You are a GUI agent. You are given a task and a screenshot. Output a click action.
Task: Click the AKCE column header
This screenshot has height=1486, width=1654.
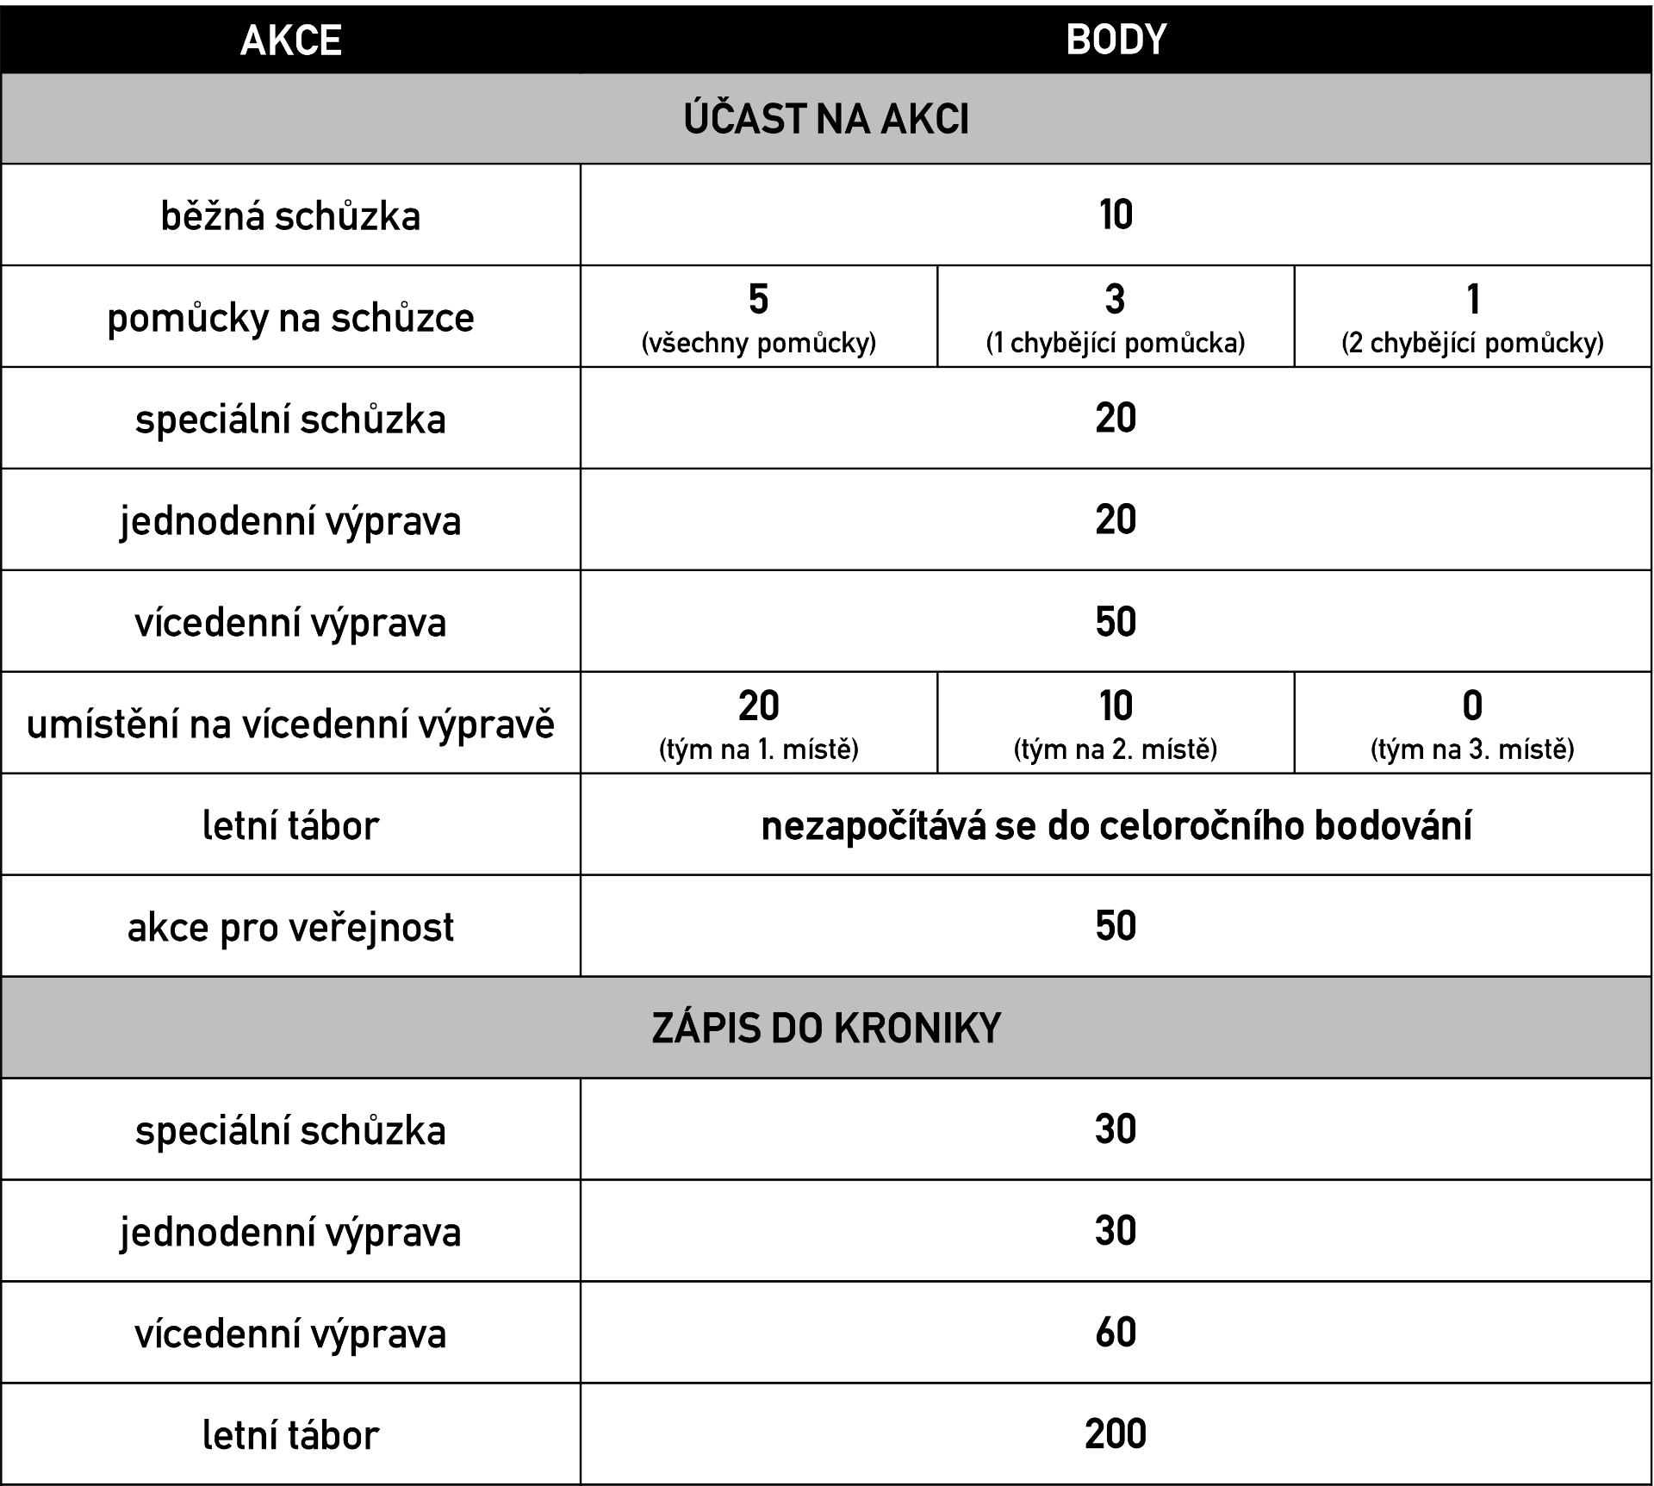coord(290,40)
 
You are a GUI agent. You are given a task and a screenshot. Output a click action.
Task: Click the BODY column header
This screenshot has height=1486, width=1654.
coord(1116,40)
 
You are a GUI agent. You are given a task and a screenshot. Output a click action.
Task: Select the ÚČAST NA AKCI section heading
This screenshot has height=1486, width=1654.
coord(826,120)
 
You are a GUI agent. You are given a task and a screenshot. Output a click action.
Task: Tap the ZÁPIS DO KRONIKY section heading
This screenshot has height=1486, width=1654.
coord(826,1028)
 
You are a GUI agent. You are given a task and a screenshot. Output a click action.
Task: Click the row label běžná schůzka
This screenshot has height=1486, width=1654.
coord(290,215)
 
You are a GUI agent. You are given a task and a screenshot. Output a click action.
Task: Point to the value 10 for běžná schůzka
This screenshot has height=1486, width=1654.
coord(1116,215)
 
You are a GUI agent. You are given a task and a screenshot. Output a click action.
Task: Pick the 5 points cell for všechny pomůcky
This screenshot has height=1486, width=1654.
coord(758,317)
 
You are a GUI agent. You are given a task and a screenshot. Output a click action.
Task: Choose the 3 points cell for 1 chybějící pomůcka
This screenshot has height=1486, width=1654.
coord(1116,317)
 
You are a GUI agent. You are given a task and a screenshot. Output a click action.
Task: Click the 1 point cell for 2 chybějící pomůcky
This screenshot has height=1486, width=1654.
coord(1473,317)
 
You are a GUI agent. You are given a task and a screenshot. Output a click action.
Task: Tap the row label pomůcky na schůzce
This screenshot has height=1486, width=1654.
coord(290,318)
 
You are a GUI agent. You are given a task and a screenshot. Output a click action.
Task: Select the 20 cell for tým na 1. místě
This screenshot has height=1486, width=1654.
coord(758,723)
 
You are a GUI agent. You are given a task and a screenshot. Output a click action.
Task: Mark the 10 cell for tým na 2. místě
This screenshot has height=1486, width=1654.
coord(1116,723)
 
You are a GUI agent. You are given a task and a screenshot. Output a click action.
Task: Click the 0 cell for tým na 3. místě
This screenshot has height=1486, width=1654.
coord(1473,723)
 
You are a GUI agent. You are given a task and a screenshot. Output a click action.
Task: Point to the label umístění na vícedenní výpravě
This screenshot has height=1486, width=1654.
coord(290,724)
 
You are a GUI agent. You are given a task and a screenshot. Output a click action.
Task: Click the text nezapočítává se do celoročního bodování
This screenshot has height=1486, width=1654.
coord(1116,826)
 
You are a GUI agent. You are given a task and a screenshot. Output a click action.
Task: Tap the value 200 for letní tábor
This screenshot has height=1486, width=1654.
coord(1116,1434)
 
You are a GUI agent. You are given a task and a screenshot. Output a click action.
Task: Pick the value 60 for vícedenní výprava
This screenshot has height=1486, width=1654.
coord(1116,1333)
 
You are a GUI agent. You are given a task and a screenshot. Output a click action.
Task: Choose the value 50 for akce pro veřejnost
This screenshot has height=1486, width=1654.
coord(1116,926)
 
